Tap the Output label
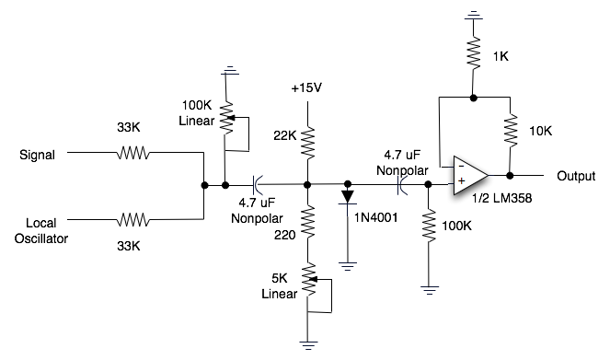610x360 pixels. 577,175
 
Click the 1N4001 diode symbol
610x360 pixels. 348,195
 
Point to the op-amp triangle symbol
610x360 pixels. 470,174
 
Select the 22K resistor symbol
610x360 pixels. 306,144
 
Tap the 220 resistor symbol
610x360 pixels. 306,220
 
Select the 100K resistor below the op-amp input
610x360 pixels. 429,226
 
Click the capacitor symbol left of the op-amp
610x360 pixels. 401,184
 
